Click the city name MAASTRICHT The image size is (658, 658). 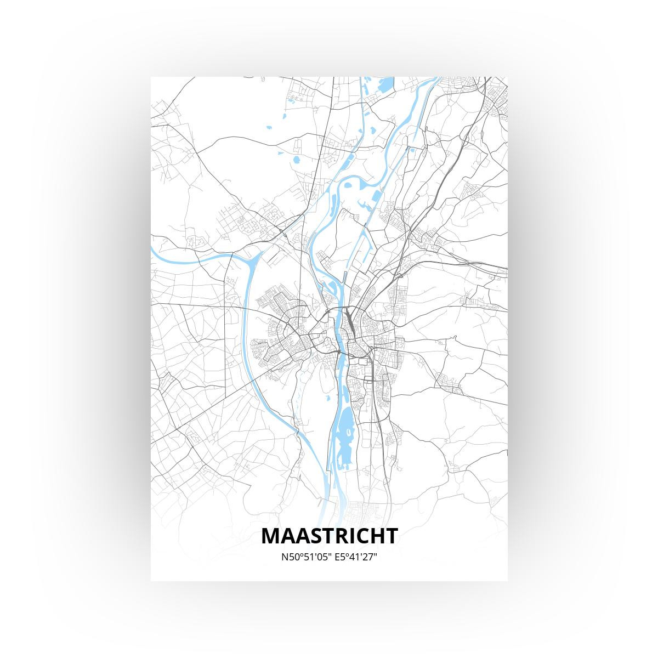(329, 536)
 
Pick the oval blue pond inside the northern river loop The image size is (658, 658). (296, 161)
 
